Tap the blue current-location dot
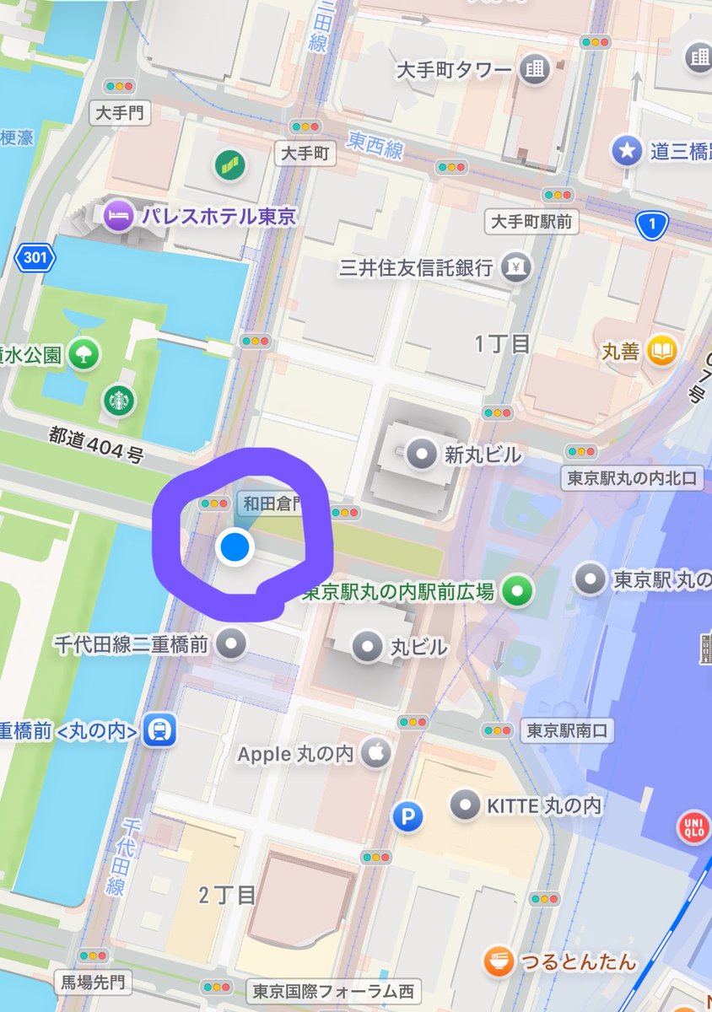(235, 547)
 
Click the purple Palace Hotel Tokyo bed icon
(117, 216)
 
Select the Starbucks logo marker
(119, 400)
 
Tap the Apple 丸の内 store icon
(376, 753)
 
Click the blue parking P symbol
(409, 816)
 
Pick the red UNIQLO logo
(693, 827)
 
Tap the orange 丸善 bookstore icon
(662, 351)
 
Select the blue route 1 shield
(652, 223)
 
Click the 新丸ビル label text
(483, 455)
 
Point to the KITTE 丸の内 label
(544, 805)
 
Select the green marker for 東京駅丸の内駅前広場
(517, 591)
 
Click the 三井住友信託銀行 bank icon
(515, 267)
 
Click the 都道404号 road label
(95, 444)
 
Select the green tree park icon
(83, 354)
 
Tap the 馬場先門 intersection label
(94, 981)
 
